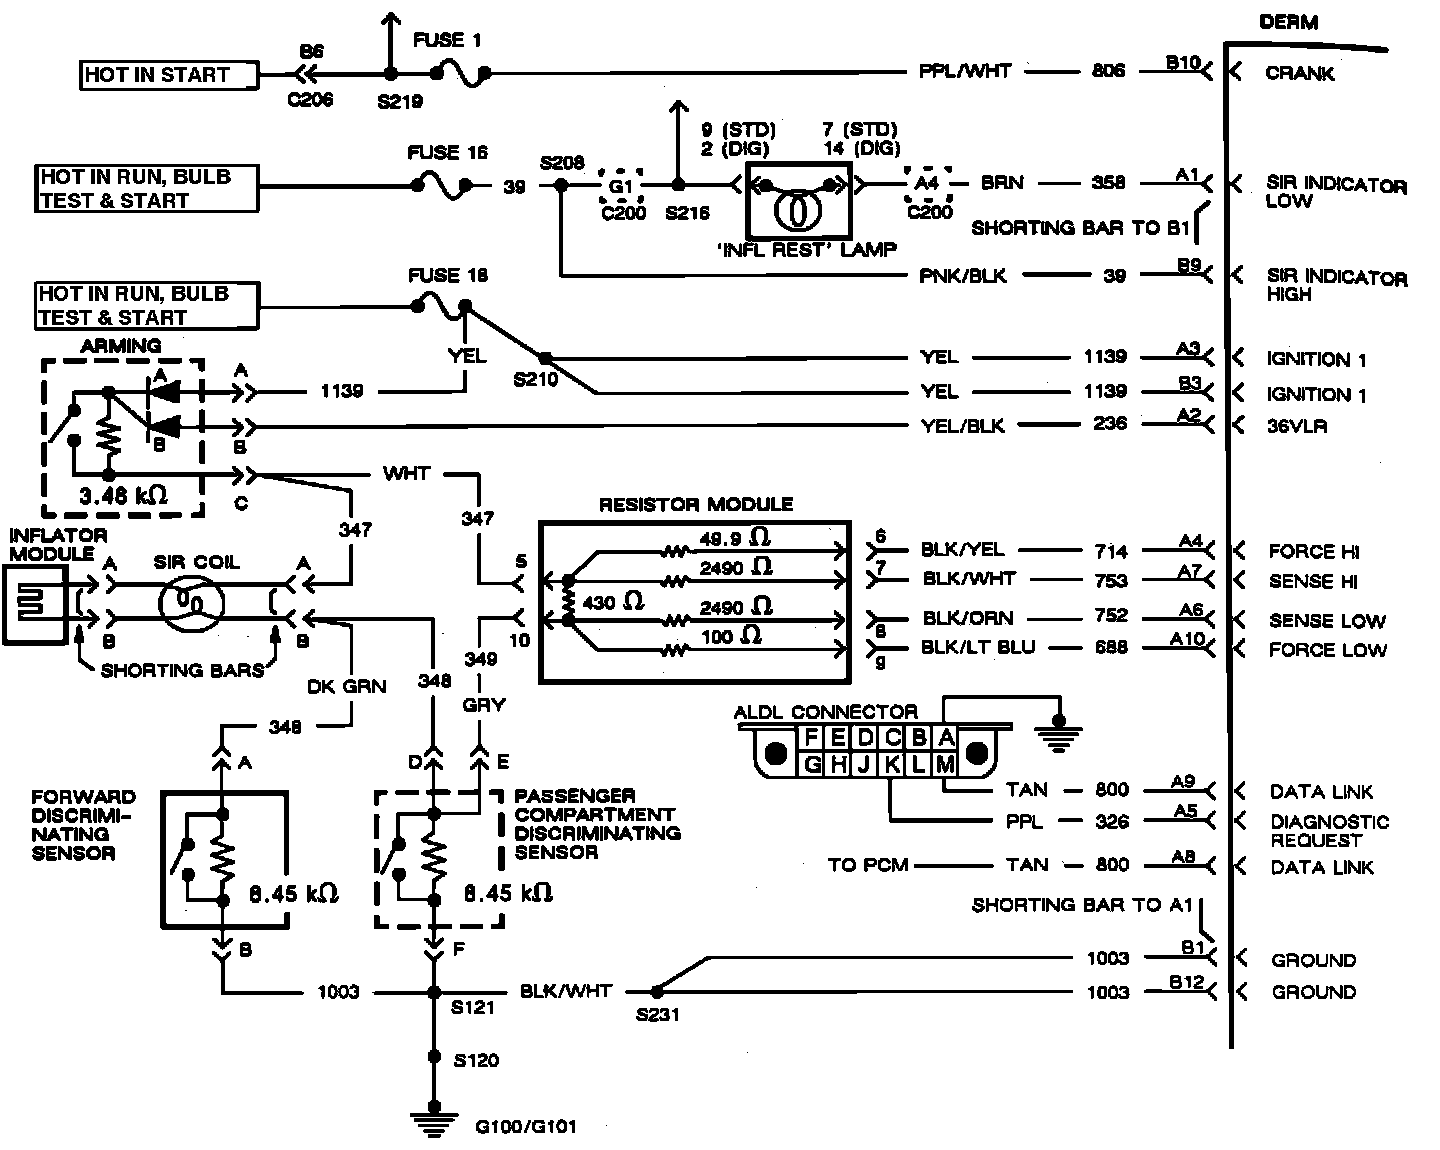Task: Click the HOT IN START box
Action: click(169, 75)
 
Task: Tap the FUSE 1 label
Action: click(446, 41)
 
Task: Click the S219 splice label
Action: click(401, 101)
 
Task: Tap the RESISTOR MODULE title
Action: click(695, 505)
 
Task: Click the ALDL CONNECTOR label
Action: click(826, 712)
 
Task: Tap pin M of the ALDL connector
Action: click(945, 765)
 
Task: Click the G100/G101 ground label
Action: click(526, 1127)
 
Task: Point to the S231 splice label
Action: click(657, 1015)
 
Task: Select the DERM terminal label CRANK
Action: click(1299, 73)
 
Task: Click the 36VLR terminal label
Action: click(1298, 425)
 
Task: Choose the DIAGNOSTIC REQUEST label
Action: click(1329, 831)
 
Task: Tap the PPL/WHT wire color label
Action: click(965, 72)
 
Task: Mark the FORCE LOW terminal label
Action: click(1327, 650)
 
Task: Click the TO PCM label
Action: click(868, 865)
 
